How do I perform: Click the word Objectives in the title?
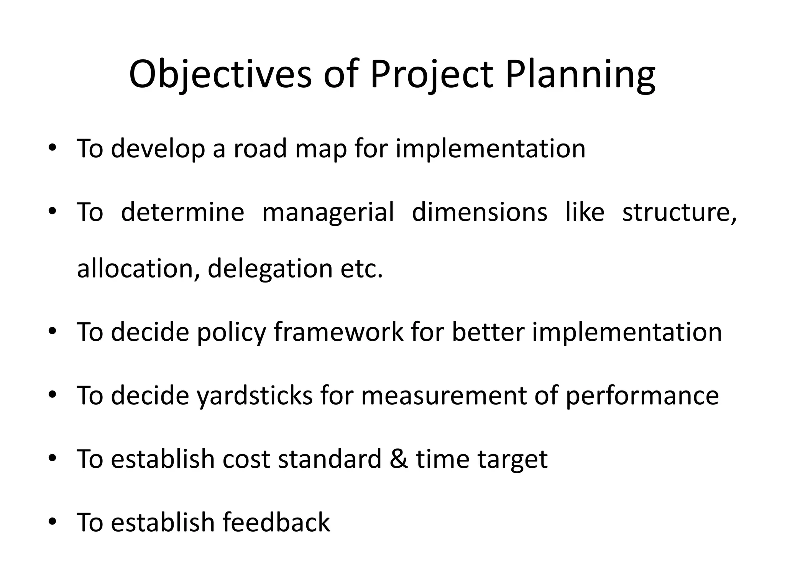[220, 75]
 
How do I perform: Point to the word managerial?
[328, 212]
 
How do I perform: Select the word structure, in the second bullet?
[679, 212]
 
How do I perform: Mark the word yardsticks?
[255, 396]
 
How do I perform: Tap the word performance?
[642, 396]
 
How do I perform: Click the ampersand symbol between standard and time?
[399, 459]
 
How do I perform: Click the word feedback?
[276, 522]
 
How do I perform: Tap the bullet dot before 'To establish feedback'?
[53, 521]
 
